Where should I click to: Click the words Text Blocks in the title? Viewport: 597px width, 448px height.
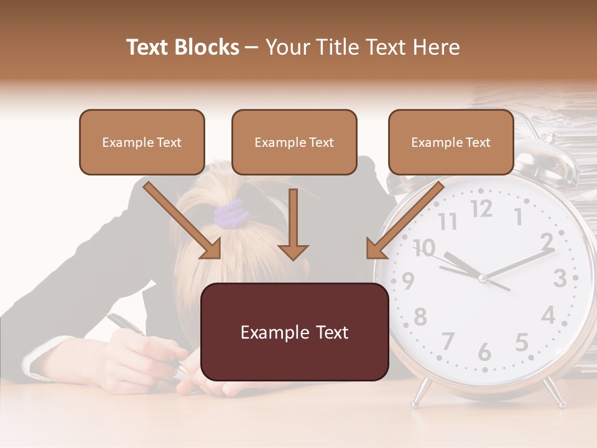pos(182,47)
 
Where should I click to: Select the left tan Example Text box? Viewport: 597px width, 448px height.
pos(142,142)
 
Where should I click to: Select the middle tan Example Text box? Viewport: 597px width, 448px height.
pos(294,142)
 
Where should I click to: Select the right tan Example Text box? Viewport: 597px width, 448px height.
pos(451,142)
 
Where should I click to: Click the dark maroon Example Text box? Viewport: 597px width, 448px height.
pos(295,332)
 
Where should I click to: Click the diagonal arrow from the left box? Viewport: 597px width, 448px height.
pos(183,221)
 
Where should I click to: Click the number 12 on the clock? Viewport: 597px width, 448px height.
pos(481,210)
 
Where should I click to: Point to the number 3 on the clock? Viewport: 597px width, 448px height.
pos(559,278)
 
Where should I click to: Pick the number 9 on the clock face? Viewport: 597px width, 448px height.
pos(408,281)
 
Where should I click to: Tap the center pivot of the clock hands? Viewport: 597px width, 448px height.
pos(482,278)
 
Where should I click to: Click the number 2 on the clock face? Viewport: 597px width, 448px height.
pos(547,241)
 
